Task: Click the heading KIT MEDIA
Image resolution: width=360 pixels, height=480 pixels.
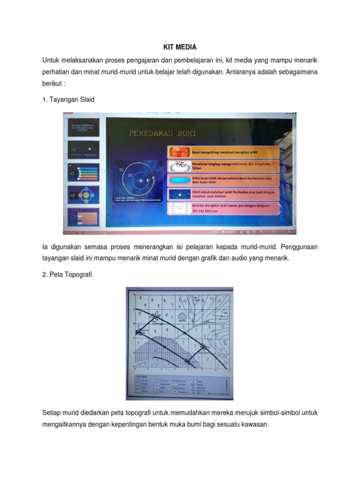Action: point(180,47)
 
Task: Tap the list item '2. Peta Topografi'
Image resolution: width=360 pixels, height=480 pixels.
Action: point(67,275)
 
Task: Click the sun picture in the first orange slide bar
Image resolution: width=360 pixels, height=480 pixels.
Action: point(179,152)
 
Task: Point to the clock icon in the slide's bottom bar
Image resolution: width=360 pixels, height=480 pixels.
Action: point(179,208)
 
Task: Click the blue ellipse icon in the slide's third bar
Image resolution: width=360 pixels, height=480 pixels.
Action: point(179,180)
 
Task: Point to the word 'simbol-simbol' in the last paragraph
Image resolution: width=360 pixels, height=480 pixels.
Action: point(283,412)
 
